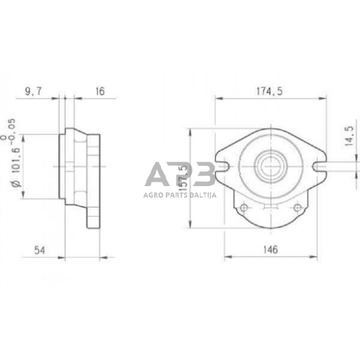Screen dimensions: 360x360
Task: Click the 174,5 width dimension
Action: pos(270,91)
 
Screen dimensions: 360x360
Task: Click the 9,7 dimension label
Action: pos(35,91)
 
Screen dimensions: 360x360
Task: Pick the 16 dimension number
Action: pos(100,91)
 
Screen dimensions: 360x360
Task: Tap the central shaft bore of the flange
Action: pos(270,165)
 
